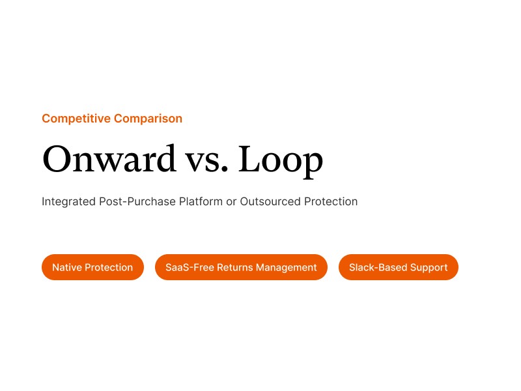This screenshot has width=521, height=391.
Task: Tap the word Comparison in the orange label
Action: pos(148,119)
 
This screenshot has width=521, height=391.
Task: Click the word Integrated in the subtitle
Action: pos(69,201)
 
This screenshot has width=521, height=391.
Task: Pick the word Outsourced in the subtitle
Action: pos(270,201)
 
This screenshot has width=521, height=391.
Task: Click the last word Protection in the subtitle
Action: pos(331,201)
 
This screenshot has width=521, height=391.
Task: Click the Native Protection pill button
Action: pos(92,267)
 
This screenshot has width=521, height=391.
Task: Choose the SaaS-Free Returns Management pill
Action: pos(241,267)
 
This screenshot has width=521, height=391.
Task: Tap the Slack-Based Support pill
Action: pos(399,267)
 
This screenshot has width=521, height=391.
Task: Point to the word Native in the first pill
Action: pos(67,267)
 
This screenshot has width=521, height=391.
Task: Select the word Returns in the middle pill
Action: pos(234,267)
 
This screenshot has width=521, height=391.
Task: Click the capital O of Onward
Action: pos(56,160)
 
